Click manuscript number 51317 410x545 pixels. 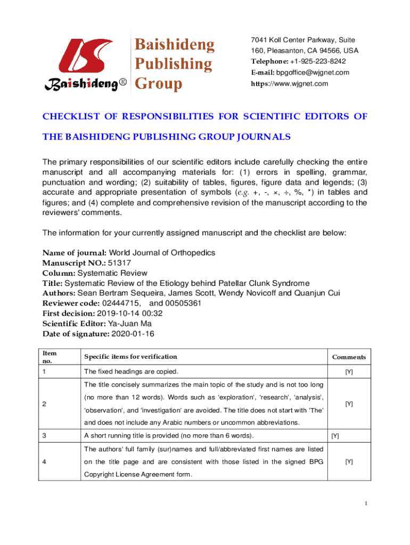click(x=120, y=263)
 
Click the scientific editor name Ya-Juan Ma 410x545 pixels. click(x=130, y=324)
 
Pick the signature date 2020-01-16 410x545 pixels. click(x=132, y=334)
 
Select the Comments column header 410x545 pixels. click(x=349, y=357)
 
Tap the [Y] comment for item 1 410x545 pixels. click(x=349, y=372)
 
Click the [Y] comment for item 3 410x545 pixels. click(x=335, y=436)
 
